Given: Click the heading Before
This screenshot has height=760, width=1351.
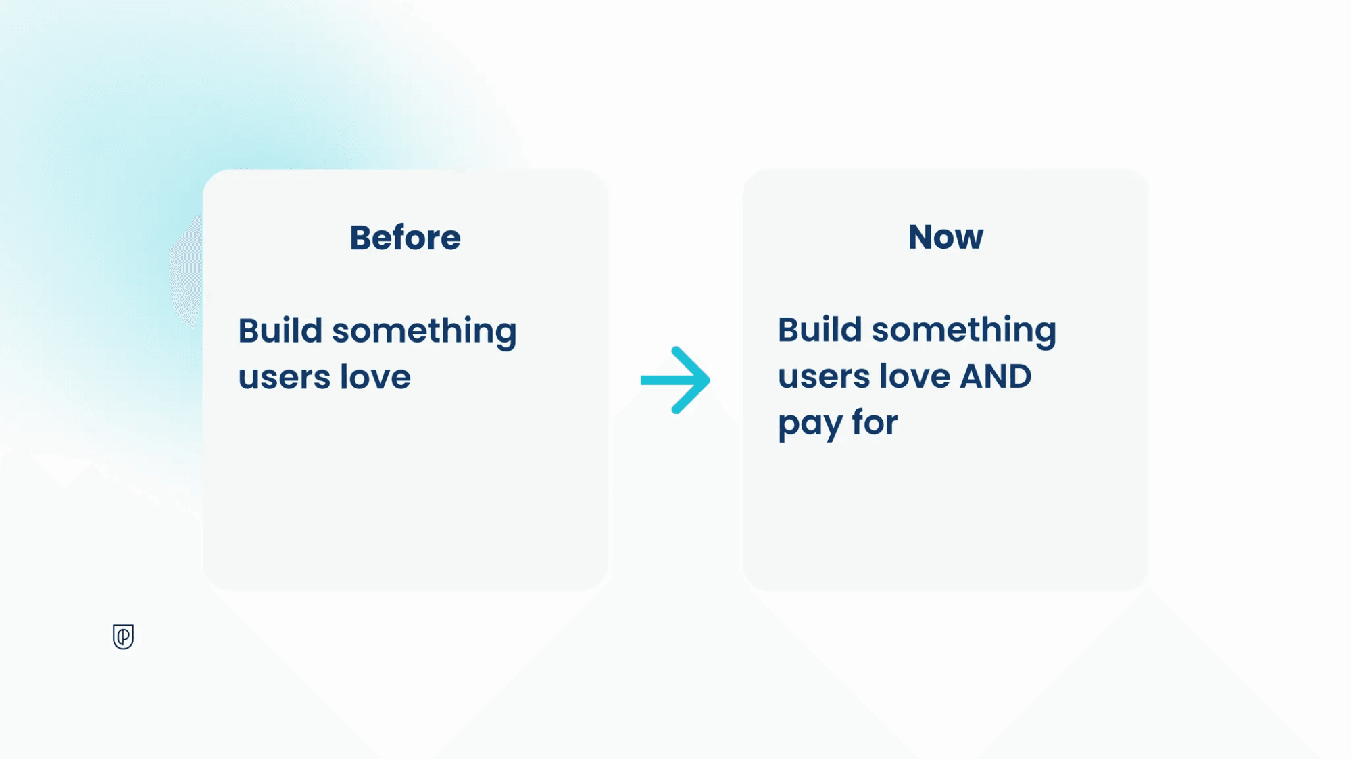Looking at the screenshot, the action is [x=405, y=238].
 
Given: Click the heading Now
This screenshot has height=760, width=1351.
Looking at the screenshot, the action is [x=945, y=237].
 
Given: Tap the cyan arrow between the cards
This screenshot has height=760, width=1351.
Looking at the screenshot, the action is [x=675, y=380].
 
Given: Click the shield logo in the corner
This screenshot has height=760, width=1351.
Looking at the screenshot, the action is [x=123, y=636].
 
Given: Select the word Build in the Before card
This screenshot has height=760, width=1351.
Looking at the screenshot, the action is [x=280, y=330].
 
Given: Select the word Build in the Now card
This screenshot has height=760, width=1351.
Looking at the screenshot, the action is [x=820, y=330].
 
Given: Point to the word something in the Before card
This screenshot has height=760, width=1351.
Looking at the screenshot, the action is [x=424, y=333].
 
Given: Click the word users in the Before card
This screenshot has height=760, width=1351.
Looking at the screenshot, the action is [x=284, y=378].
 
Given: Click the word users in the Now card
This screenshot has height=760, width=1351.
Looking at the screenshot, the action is [x=824, y=378].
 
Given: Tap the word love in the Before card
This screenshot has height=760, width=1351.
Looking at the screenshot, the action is [x=375, y=376].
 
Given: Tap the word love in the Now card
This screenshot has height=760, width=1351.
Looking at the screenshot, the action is [x=915, y=376].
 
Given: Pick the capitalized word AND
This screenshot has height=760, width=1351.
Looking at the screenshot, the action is [x=996, y=376].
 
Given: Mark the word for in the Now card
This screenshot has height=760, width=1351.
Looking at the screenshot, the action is [x=875, y=422].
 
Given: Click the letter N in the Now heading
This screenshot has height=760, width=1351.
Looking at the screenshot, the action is [x=920, y=237].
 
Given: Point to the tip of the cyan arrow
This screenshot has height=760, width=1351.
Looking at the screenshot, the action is [x=710, y=380].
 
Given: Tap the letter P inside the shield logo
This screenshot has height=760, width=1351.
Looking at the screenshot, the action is [x=124, y=636].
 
